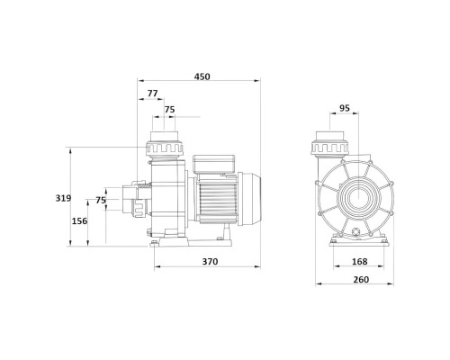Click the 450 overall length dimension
tap(202, 76)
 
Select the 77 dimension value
tap(152, 94)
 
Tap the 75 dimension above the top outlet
tap(169, 110)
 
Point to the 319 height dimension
tap(63, 198)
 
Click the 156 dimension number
tap(79, 221)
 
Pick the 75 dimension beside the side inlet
tap(101, 200)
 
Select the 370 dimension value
tap(210, 262)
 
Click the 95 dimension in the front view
tap(345, 108)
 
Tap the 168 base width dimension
tap(359, 262)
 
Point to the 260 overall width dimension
tap(361, 280)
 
